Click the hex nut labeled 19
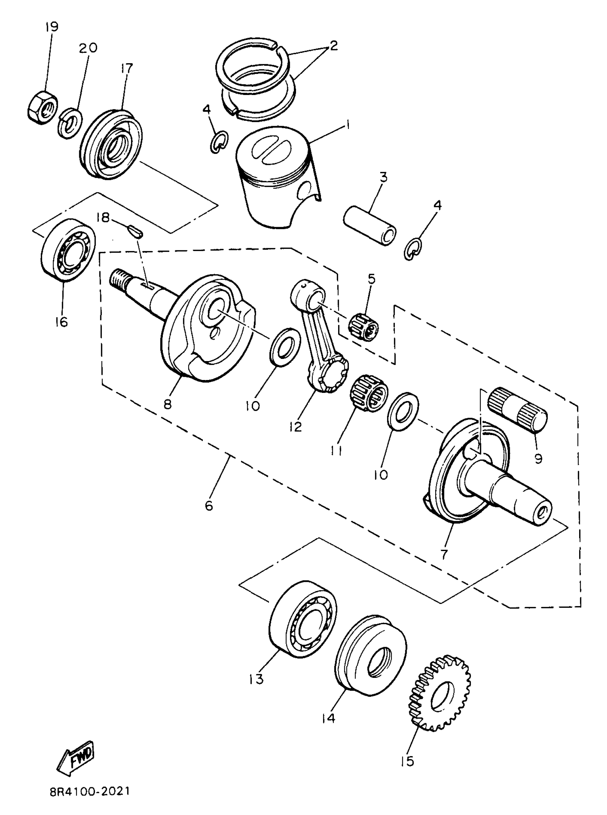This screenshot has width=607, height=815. tap(42, 107)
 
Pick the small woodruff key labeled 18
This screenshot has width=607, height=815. tap(136, 231)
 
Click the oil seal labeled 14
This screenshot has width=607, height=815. tap(371, 657)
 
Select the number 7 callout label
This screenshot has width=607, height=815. tap(444, 554)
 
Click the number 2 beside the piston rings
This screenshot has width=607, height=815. tap(333, 46)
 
